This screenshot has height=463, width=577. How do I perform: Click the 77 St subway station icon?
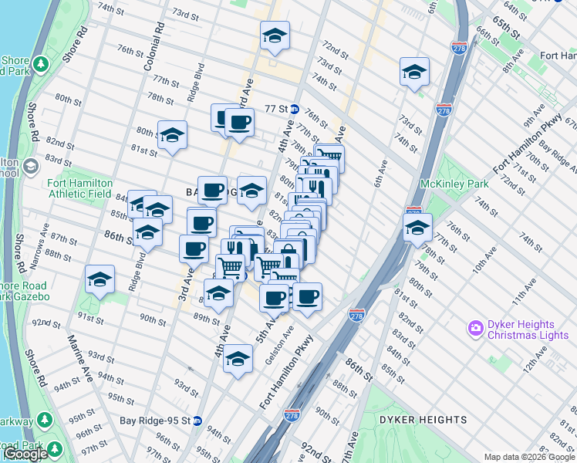coord(294,109)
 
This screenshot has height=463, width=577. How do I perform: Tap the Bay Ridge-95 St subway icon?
coord(197,421)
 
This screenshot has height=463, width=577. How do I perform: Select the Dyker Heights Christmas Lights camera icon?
coord(475,328)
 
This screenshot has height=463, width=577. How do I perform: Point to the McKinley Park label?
coord(454,184)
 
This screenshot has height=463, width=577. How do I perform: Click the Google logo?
coord(25,454)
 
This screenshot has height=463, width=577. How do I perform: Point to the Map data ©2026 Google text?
coord(528,457)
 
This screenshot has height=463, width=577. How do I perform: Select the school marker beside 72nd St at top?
coord(275,35)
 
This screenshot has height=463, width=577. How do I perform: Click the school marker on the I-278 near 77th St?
coord(417,227)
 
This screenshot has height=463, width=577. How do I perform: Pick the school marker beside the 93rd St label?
coord(238,358)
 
